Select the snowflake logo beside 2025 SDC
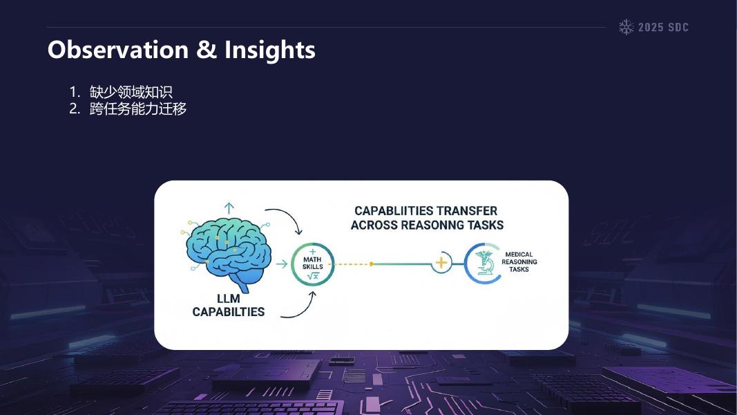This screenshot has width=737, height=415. pyautogui.click(x=626, y=28)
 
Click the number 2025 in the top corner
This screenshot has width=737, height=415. pyautogui.click(x=651, y=28)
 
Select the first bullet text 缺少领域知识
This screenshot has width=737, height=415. pyautogui.click(x=131, y=92)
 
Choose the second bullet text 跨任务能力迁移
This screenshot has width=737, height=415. pyautogui.click(x=137, y=109)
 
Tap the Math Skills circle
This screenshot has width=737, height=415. pyautogui.click(x=313, y=264)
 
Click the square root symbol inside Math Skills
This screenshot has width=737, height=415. pyautogui.click(x=313, y=276)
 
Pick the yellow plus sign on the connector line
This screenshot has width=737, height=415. pyautogui.click(x=441, y=264)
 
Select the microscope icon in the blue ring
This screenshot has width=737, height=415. pyautogui.click(x=484, y=264)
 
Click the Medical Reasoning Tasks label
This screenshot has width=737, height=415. pyautogui.click(x=519, y=262)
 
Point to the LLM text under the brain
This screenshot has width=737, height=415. pyautogui.click(x=228, y=298)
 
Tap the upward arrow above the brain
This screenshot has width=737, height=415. pyautogui.click(x=229, y=207)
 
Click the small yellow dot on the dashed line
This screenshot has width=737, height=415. pyautogui.click(x=372, y=264)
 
